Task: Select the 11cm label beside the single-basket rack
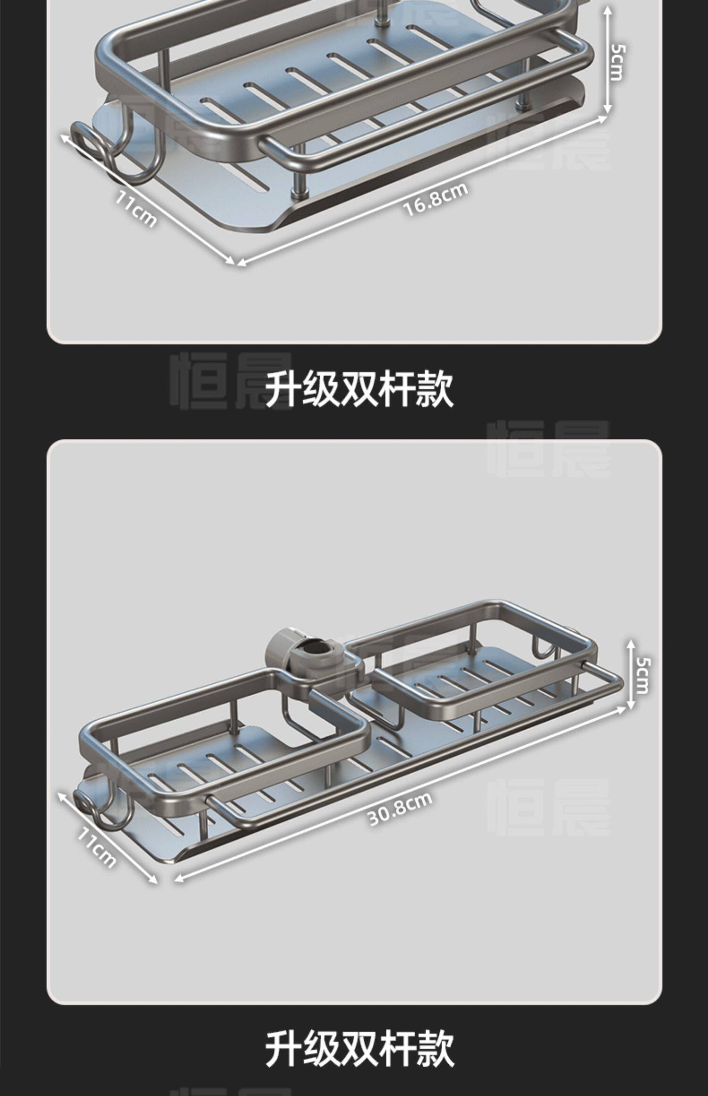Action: [x=135, y=208]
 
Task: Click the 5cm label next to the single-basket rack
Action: [x=618, y=62]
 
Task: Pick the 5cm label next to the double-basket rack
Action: [x=642, y=675]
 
